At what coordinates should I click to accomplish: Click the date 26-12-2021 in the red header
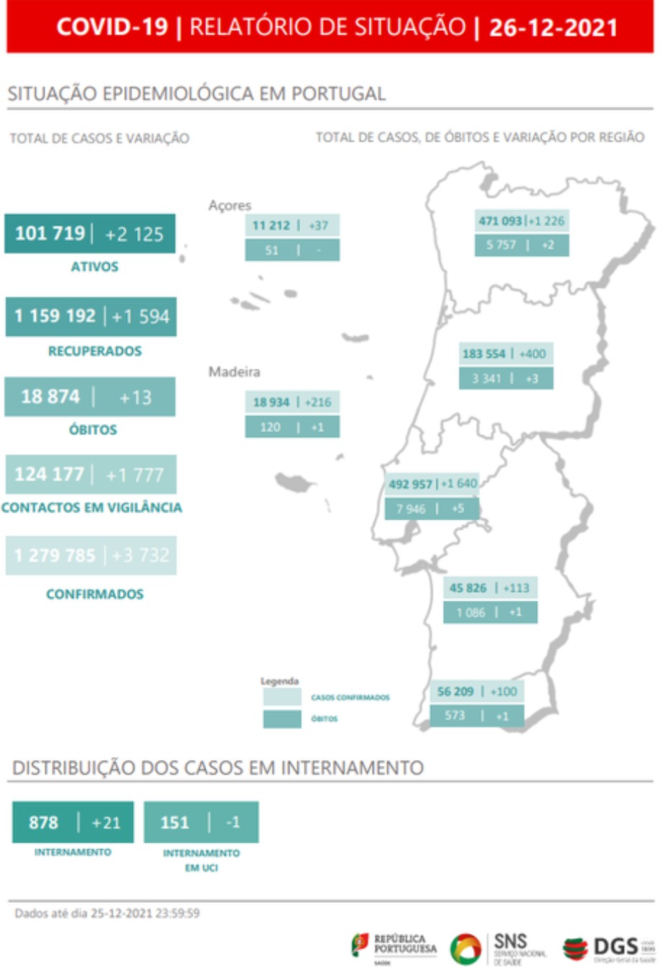553,27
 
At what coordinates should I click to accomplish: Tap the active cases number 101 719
50,233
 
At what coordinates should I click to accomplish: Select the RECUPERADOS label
95,351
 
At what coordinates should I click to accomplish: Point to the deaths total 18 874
50,396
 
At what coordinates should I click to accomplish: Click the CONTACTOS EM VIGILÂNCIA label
92,507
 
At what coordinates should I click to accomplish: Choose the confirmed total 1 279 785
55,556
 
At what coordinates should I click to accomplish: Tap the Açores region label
230,205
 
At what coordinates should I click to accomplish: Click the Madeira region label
234,372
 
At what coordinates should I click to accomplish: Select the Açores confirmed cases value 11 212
271,225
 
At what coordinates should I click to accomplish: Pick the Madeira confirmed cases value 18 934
271,402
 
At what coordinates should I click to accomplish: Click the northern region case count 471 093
500,221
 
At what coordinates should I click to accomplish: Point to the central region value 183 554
483,354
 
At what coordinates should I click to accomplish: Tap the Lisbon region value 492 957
410,484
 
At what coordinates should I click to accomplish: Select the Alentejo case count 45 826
468,588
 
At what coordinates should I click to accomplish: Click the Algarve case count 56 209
455,691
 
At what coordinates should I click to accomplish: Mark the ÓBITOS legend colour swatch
282,718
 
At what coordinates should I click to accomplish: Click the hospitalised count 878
43,823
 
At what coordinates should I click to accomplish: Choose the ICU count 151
175,823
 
